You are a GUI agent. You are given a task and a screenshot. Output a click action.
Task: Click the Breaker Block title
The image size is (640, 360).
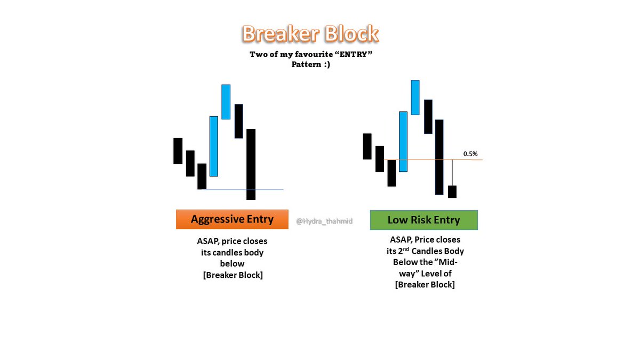tap(310, 34)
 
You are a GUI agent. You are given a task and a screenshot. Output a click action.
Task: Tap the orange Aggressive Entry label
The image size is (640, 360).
tap(232, 219)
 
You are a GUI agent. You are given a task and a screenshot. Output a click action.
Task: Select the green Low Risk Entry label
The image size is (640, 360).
tap(423, 220)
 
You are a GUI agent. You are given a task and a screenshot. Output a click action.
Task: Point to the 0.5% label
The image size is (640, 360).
tap(470, 154)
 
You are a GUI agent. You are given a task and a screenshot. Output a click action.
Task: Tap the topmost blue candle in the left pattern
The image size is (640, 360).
tap(226, 101)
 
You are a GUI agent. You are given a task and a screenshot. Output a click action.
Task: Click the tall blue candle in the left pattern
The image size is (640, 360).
tap(214, 146)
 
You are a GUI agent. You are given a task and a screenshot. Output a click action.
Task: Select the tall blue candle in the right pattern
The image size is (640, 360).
tap(403, 141)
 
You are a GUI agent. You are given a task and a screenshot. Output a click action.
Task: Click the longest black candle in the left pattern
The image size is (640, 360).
tap(251, 164)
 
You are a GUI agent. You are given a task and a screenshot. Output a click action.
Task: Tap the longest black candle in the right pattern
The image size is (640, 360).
tap(439, 157)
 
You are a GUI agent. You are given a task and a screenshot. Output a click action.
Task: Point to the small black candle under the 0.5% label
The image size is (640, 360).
tap(452, 191)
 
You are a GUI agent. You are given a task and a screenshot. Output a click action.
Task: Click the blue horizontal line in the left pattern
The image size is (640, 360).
tap(267, 189)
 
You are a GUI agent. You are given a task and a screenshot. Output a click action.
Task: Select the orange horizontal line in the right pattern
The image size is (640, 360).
tap(469, 159)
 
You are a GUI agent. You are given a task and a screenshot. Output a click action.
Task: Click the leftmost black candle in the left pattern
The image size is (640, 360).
tap(178, 150)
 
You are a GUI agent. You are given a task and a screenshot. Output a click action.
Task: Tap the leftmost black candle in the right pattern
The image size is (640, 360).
tap(367, 146)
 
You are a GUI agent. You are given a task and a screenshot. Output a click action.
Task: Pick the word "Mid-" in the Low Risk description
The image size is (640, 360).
tap(449, 262)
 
